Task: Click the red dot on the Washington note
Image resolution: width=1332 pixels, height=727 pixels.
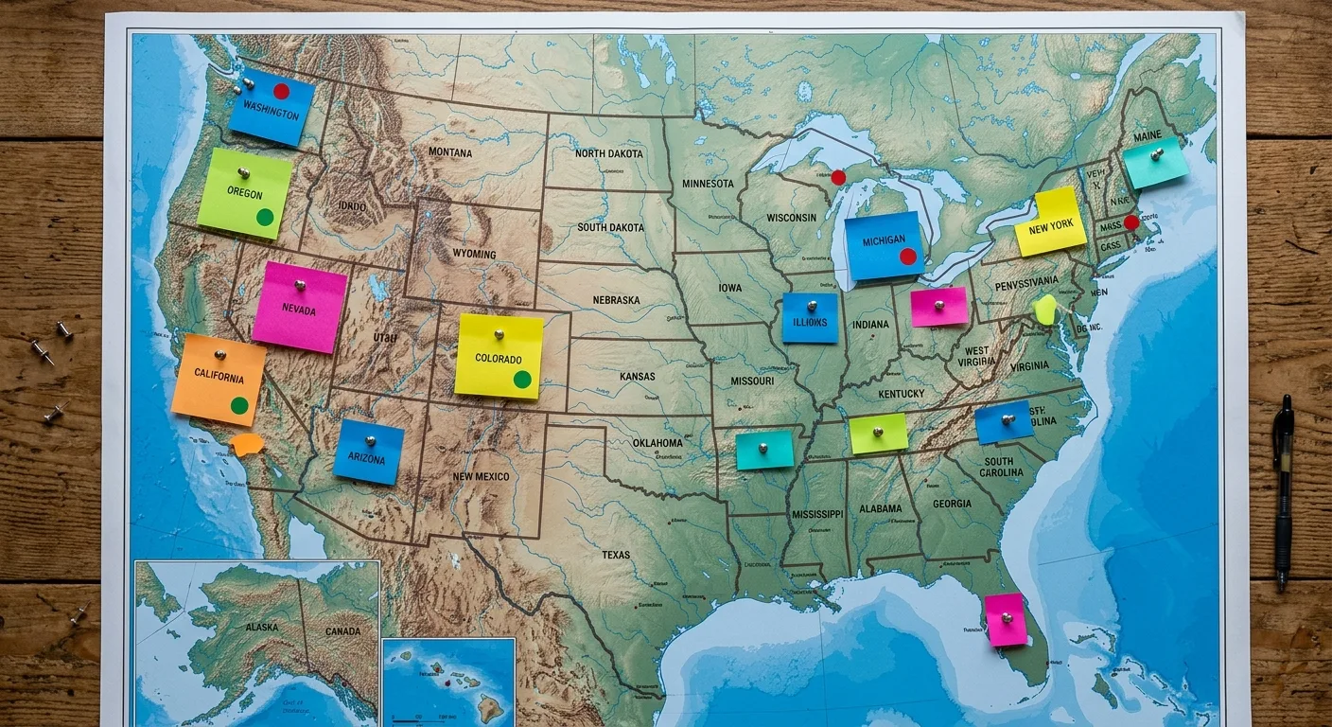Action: [x=281, y=91]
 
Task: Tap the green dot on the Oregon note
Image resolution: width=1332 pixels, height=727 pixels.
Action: [x=265, y=217]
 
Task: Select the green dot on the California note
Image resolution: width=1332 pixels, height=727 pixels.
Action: [x=239, y=405]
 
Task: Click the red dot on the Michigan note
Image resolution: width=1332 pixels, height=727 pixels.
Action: [x=907, y=256]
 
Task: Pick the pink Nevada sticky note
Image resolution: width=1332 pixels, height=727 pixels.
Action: [x=299, y=308]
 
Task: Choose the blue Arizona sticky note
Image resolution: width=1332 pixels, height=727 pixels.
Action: [x=368, y=452]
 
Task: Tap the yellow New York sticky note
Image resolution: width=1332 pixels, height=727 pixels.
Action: [x=1050, y=223]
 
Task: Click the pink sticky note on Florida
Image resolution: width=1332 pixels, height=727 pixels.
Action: [x=1006, y=620]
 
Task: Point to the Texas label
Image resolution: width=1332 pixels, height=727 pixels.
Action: [x=616, y=555]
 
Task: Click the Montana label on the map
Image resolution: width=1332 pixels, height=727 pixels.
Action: [x=450, y=151]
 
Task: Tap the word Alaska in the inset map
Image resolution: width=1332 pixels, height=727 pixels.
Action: [x=262, y=628]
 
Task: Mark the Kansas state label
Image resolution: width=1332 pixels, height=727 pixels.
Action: [x=637, y=376]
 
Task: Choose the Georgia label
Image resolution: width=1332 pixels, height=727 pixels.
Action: [x=952, y=505]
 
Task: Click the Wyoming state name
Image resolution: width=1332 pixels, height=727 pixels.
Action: [x=474, y=254]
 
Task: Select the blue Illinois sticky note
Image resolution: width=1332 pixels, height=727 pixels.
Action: [x=810, y=318]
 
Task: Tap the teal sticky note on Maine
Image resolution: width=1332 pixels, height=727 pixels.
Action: [x=1155, y=162]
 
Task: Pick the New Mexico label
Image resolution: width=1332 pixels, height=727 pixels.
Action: [x=481, y=477]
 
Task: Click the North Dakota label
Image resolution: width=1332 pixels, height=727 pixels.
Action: [x=608, y=153]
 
